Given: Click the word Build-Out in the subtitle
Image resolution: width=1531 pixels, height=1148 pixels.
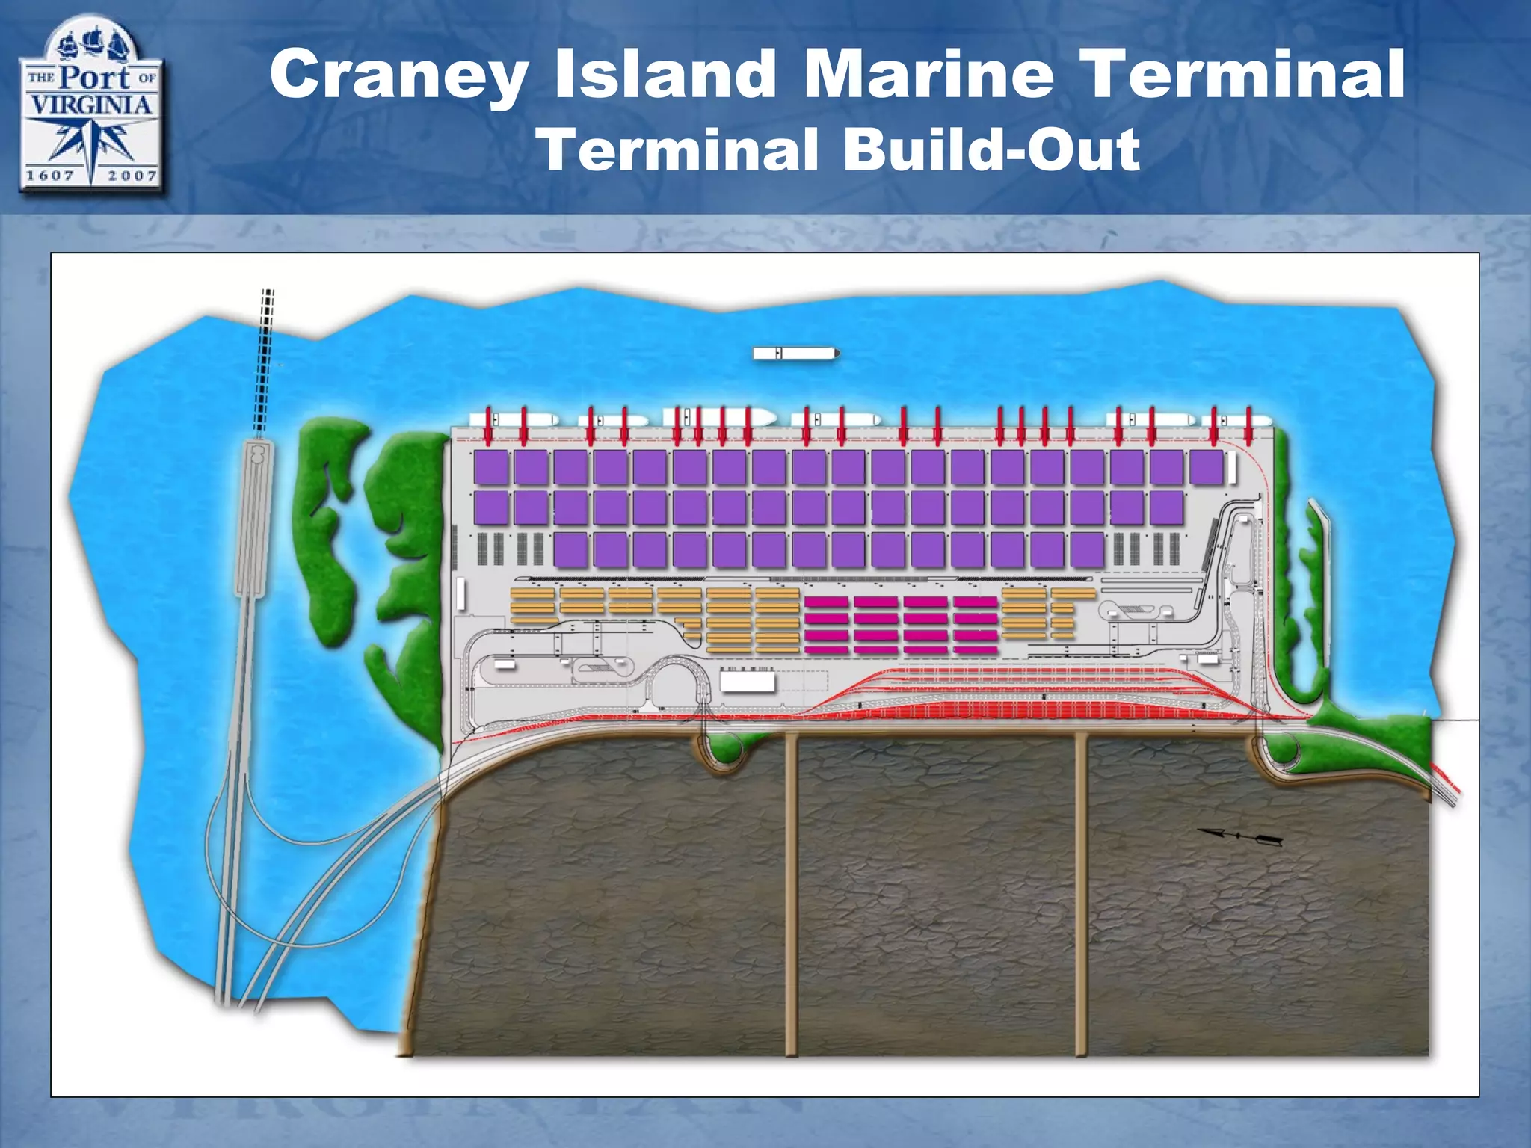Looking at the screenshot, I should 991,149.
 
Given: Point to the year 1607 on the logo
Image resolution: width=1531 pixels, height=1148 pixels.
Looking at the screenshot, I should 50,175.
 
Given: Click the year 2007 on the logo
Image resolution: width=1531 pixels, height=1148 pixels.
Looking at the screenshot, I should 132,175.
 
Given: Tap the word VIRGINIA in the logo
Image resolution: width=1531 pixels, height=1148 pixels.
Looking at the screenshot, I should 90,104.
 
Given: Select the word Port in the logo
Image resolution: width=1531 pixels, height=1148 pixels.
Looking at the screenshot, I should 96,77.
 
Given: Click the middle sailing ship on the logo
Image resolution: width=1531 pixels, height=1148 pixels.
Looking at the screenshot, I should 93,42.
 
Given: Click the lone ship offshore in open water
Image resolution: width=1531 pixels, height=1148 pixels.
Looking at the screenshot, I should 795,353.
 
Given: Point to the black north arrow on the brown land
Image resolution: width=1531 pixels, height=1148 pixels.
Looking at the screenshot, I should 1240,836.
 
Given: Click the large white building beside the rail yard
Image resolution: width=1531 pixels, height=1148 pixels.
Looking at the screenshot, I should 747,682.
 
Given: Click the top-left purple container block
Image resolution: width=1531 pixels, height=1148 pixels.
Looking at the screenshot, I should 491,467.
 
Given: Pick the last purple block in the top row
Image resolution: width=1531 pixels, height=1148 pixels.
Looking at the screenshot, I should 1206,467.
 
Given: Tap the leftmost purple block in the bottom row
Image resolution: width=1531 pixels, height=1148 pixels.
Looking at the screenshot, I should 571,550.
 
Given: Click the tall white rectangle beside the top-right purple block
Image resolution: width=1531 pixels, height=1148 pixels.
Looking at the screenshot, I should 1231,468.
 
